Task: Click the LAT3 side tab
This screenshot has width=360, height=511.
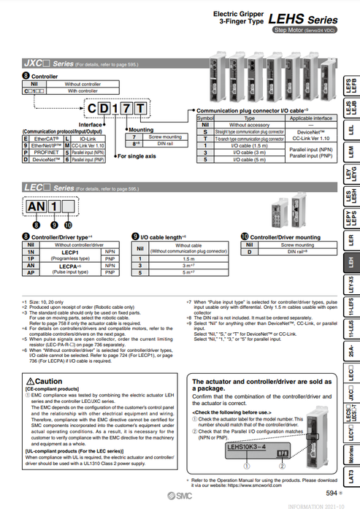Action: (x=351, y=477)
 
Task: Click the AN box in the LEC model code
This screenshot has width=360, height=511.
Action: (x=36, y=207)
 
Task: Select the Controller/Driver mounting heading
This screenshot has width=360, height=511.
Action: (x=285, y=237)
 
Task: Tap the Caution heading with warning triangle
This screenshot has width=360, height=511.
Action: (x=44, y=381)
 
